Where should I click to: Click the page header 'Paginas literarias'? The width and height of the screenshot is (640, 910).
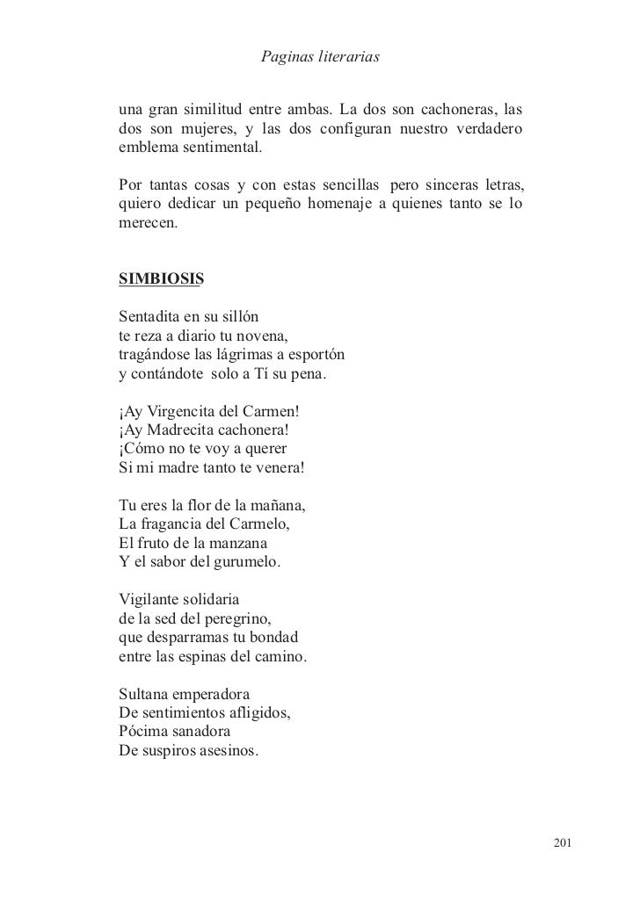tap(320, 58)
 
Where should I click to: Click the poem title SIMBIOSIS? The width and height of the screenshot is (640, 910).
tap(160, 280)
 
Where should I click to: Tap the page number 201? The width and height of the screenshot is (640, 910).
tap(562, 844)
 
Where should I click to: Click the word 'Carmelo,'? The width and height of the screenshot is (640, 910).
tap(257, 526)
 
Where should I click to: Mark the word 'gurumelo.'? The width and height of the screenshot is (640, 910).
tap(246, 564)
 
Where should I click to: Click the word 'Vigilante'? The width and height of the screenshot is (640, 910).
tap(148, 602)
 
